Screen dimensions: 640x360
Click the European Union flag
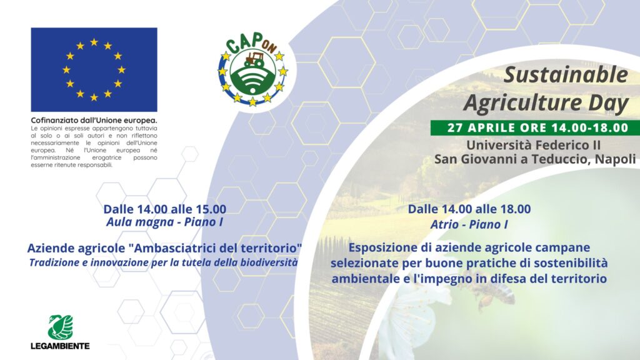coord(94,70)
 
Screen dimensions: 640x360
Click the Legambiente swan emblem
coord(61,327)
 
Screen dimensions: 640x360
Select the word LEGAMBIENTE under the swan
coord(61,346)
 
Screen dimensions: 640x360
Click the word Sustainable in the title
coord(566,75)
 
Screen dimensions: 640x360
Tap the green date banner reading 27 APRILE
coord(535,127)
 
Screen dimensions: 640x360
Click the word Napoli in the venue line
coord(615,159)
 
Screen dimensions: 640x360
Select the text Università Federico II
coord(534,145)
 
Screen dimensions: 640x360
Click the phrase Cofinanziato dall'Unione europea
coord(94,121)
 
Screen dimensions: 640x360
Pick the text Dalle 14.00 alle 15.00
coord(164,209)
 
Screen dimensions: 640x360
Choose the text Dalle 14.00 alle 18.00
coord(469,209)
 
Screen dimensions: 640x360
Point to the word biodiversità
coord(269,262)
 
